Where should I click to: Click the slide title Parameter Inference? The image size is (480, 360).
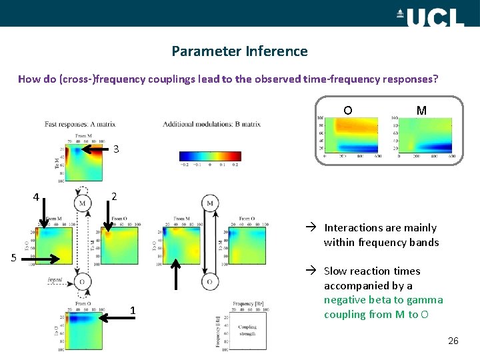[x=239, y=51]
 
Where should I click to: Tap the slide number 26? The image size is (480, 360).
[x=453, y=341]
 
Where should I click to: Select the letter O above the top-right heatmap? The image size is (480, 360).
[x=348, y=110]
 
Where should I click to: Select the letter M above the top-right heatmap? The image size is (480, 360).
[x=421, y=110]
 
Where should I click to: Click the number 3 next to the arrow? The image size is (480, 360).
[x=116, y=149]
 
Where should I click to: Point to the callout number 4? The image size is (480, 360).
[x=37, y=197]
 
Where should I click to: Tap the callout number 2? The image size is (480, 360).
[x=114, y=197]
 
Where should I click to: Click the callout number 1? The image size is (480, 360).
[x=133, y=311]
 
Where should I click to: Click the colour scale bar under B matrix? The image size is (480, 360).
[x=210, y=156]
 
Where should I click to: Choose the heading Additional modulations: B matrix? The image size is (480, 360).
[x=211, y=124]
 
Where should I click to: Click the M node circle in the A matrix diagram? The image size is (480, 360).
[x=82, y=203]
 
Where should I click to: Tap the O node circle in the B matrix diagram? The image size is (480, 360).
[x=209, y=282]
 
